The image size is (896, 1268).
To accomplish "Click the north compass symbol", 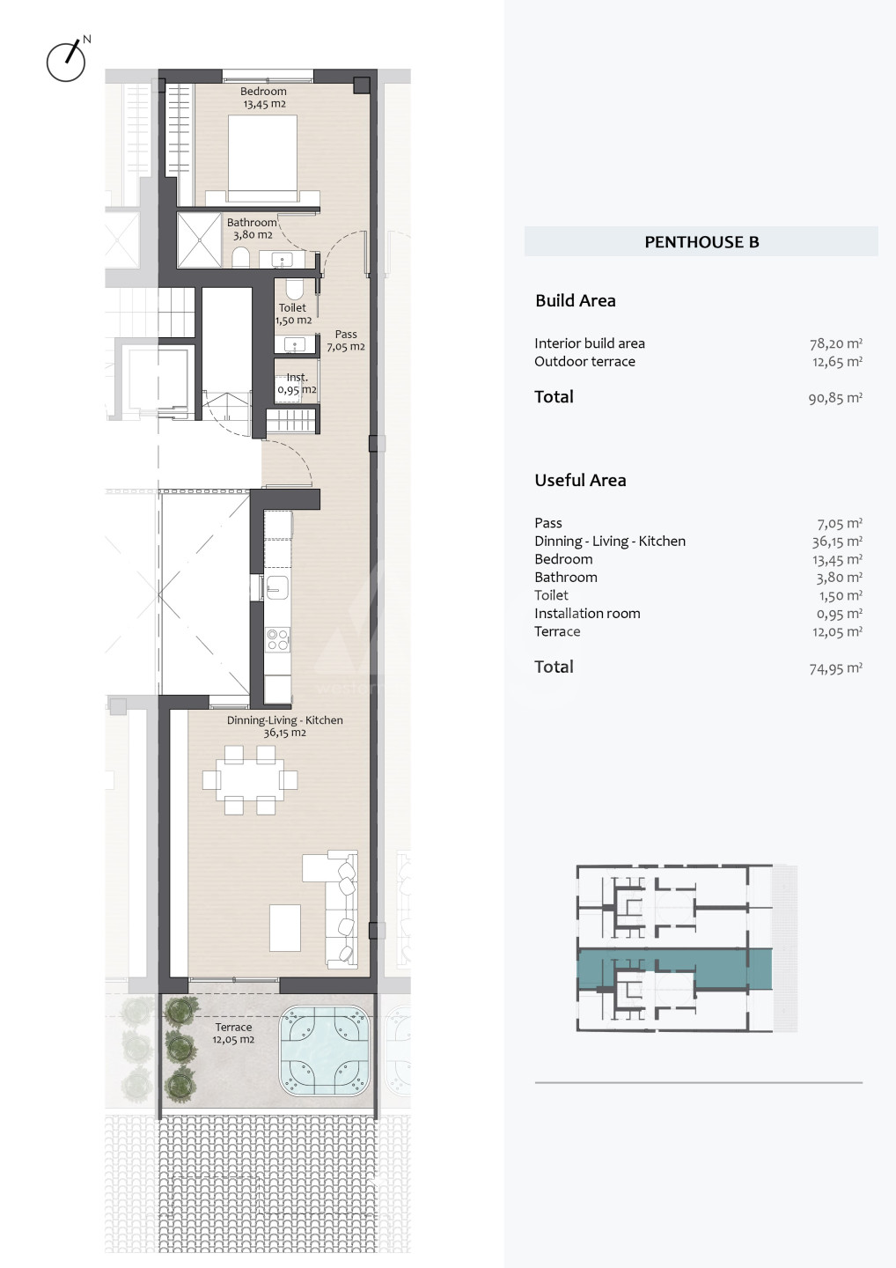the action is (x=67, y=59).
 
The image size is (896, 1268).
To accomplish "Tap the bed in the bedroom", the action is (x=262, y=158).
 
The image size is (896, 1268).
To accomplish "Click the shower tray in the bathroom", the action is (x=199, y=240).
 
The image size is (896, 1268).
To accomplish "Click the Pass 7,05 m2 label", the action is (x=346, y=340).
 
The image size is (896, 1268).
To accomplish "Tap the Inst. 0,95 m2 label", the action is (x=297, y=383).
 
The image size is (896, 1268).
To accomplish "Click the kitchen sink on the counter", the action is (x=276, y=586).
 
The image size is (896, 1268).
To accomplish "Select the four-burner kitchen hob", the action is (x=278, y=639).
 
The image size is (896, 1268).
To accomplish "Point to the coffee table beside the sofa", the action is (x=285, y=928).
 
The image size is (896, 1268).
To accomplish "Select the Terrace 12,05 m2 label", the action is (x=233, y=1033).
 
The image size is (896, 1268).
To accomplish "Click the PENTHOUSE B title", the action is (x=701, y=241).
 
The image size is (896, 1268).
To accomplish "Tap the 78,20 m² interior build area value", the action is (x=835, y=343).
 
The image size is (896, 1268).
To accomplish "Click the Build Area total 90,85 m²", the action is (x=835, y=398).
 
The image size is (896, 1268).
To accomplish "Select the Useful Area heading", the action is (x=580, y=480).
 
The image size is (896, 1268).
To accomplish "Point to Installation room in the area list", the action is (x=587, y=613).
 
